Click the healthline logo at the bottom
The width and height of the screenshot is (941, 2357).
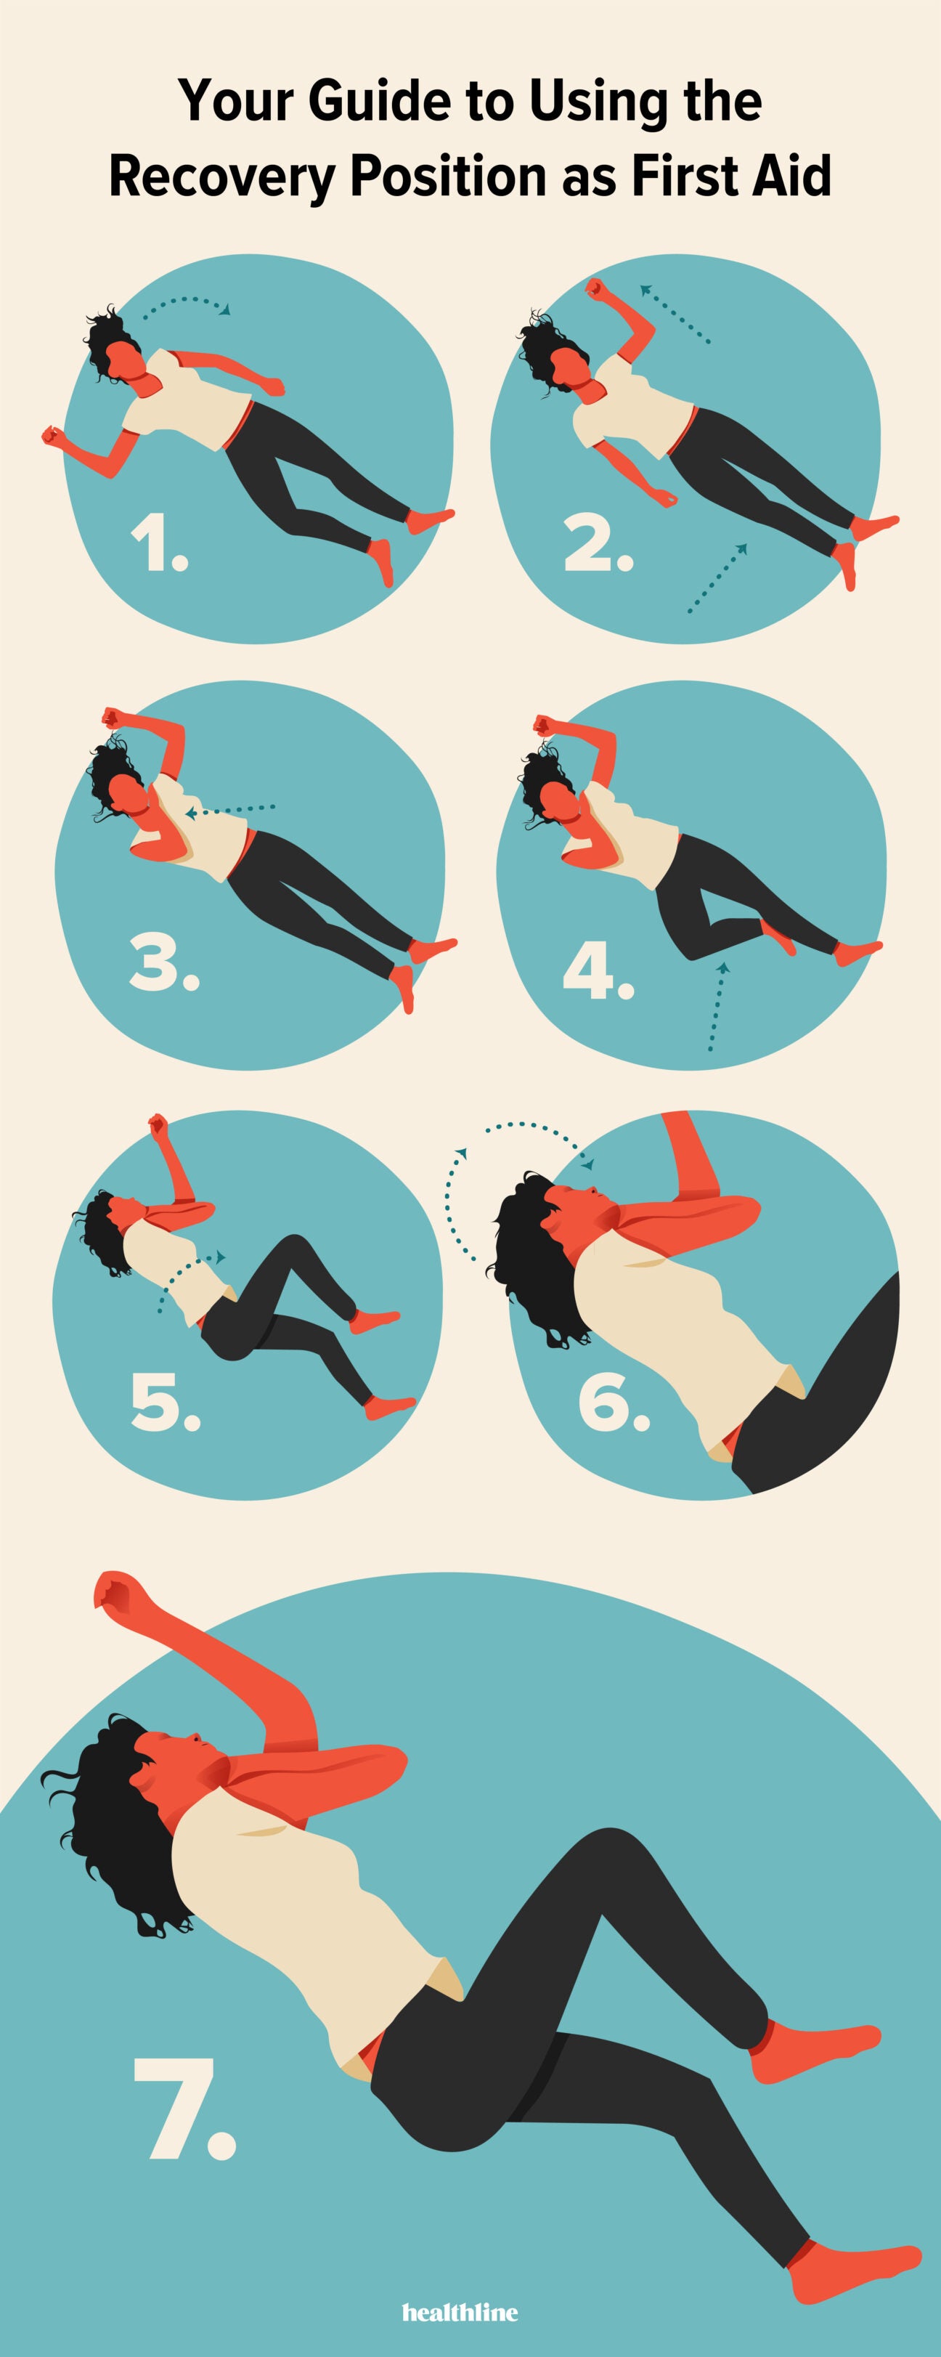(x=460, y=2312)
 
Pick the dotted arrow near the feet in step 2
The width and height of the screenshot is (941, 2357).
(x=718, y=578)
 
